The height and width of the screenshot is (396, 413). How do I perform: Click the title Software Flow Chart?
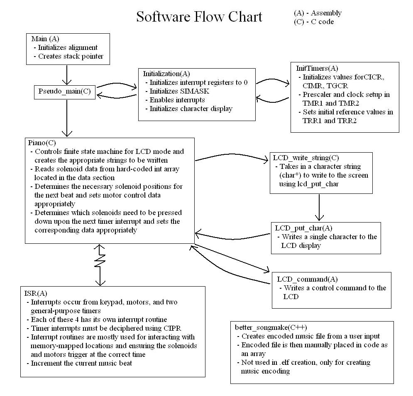point(199,17)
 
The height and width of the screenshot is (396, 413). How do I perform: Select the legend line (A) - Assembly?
point(318,13)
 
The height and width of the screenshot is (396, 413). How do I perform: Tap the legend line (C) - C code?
point(313,22)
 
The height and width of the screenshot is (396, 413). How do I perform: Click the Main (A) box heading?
point(45,39)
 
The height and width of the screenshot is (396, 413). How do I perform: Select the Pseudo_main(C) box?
point(65,92)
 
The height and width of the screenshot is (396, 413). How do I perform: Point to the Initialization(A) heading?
point(166,74)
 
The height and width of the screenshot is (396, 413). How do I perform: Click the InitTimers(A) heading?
point(317,68)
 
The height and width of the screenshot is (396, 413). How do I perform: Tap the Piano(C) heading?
point(42,143)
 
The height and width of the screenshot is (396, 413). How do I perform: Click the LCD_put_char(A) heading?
point(303,228)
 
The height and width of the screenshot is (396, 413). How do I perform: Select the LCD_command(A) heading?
point(302,279)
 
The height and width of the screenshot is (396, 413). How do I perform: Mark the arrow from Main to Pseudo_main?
point(66,75)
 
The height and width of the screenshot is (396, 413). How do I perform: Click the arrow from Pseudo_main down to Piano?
point(66,118)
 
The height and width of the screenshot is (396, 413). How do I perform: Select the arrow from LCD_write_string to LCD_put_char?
point(319,207)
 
